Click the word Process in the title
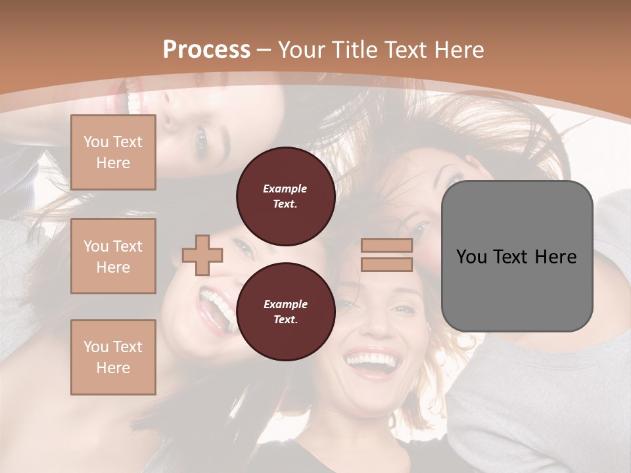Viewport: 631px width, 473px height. click(x=206, y=49)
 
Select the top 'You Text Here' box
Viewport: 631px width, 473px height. click(x=113, y=152)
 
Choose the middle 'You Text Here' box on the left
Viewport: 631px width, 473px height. click(x=113, y=256)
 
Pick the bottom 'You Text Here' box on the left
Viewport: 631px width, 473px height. click(x=113, y=357)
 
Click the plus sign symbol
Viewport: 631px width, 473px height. click(x=202, y=255)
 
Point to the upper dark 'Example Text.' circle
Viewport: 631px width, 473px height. click(x=285, y=196)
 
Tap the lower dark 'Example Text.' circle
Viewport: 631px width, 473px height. click(x=285, y=311)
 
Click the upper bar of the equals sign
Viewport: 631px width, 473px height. click(x=386, y=246)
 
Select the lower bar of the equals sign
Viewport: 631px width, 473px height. click(x=386, y=264)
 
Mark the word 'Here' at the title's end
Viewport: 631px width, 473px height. click(x=457, y=49)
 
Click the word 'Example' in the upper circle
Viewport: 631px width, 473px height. click(x=285, y=189)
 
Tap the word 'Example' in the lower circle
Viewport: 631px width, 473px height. click(x=285, y=304)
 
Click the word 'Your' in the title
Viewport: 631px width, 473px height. click(x=301, y=49)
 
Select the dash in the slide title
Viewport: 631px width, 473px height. click(x=264, y=50)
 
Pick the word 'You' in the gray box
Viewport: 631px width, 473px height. click(x=472, y=257)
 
